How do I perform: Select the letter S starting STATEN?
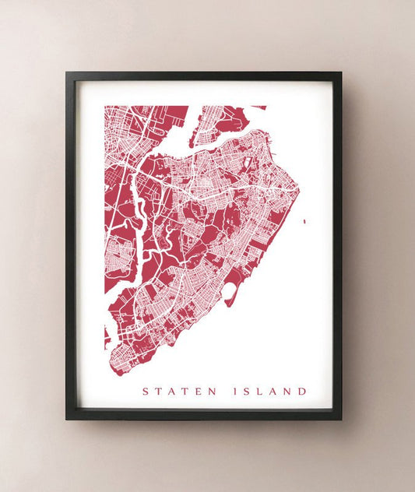tap(144, 391)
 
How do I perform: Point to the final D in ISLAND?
tap(303, 391)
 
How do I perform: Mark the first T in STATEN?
tap(157, 391)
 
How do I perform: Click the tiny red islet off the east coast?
tap(304, 221)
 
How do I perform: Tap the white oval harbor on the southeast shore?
tap(231, 293)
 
